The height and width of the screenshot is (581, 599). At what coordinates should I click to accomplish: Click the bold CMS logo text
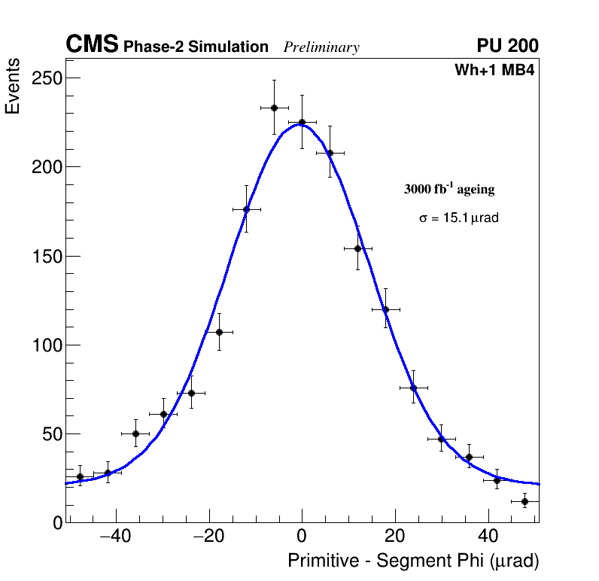[x=92, y=45]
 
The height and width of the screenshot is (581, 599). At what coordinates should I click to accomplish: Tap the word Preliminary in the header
[x=321, y=47]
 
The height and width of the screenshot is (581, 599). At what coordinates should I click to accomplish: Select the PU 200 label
[x=507, y=46]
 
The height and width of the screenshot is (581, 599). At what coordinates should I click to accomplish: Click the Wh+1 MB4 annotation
[x=494, y=71]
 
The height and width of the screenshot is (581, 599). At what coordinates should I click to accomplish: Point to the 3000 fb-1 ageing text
[x=449, y=189]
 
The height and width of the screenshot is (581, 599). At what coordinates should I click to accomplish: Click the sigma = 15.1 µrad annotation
[x=459, y=218]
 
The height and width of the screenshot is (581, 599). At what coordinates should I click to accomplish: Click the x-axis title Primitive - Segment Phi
[x=413, y=561]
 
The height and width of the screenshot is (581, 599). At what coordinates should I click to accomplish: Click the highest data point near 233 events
[x=275, y=108]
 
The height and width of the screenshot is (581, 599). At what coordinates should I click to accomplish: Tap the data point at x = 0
[x=302, y=122]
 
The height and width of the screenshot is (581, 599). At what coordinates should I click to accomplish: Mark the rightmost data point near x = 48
[x=525, y=501]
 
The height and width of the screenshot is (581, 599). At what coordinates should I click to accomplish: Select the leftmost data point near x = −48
[x=80, y=476]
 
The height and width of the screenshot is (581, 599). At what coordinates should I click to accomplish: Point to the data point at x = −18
[x=219, y=332]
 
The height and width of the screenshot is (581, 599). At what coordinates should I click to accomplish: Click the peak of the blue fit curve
[x=300, y=124]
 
